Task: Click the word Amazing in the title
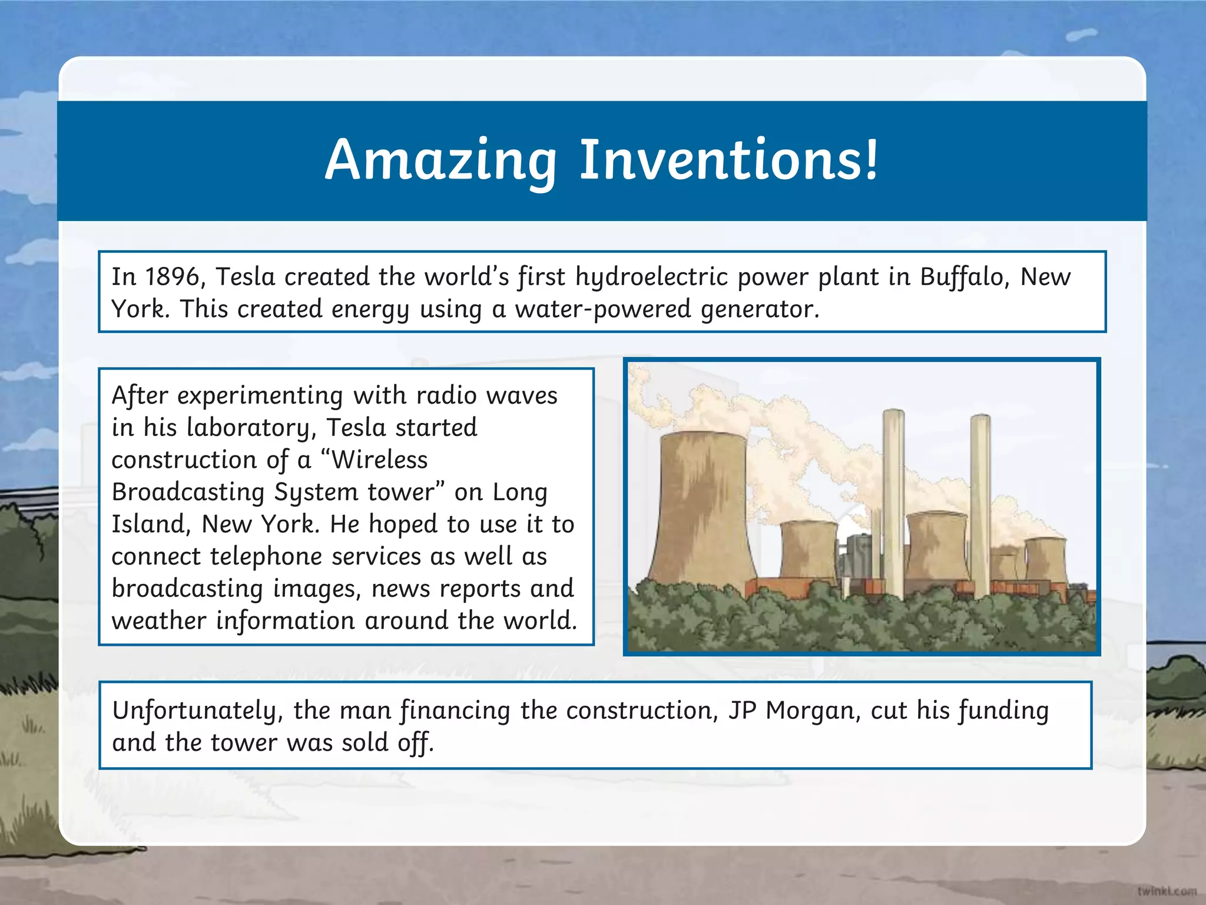(440, 160)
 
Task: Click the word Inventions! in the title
(729, 160)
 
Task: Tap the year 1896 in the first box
(173, 277)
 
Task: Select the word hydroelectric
(651, 277)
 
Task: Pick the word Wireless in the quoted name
(379, 460)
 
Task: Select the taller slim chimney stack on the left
(893, 501)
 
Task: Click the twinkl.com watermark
(1167, 891)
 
